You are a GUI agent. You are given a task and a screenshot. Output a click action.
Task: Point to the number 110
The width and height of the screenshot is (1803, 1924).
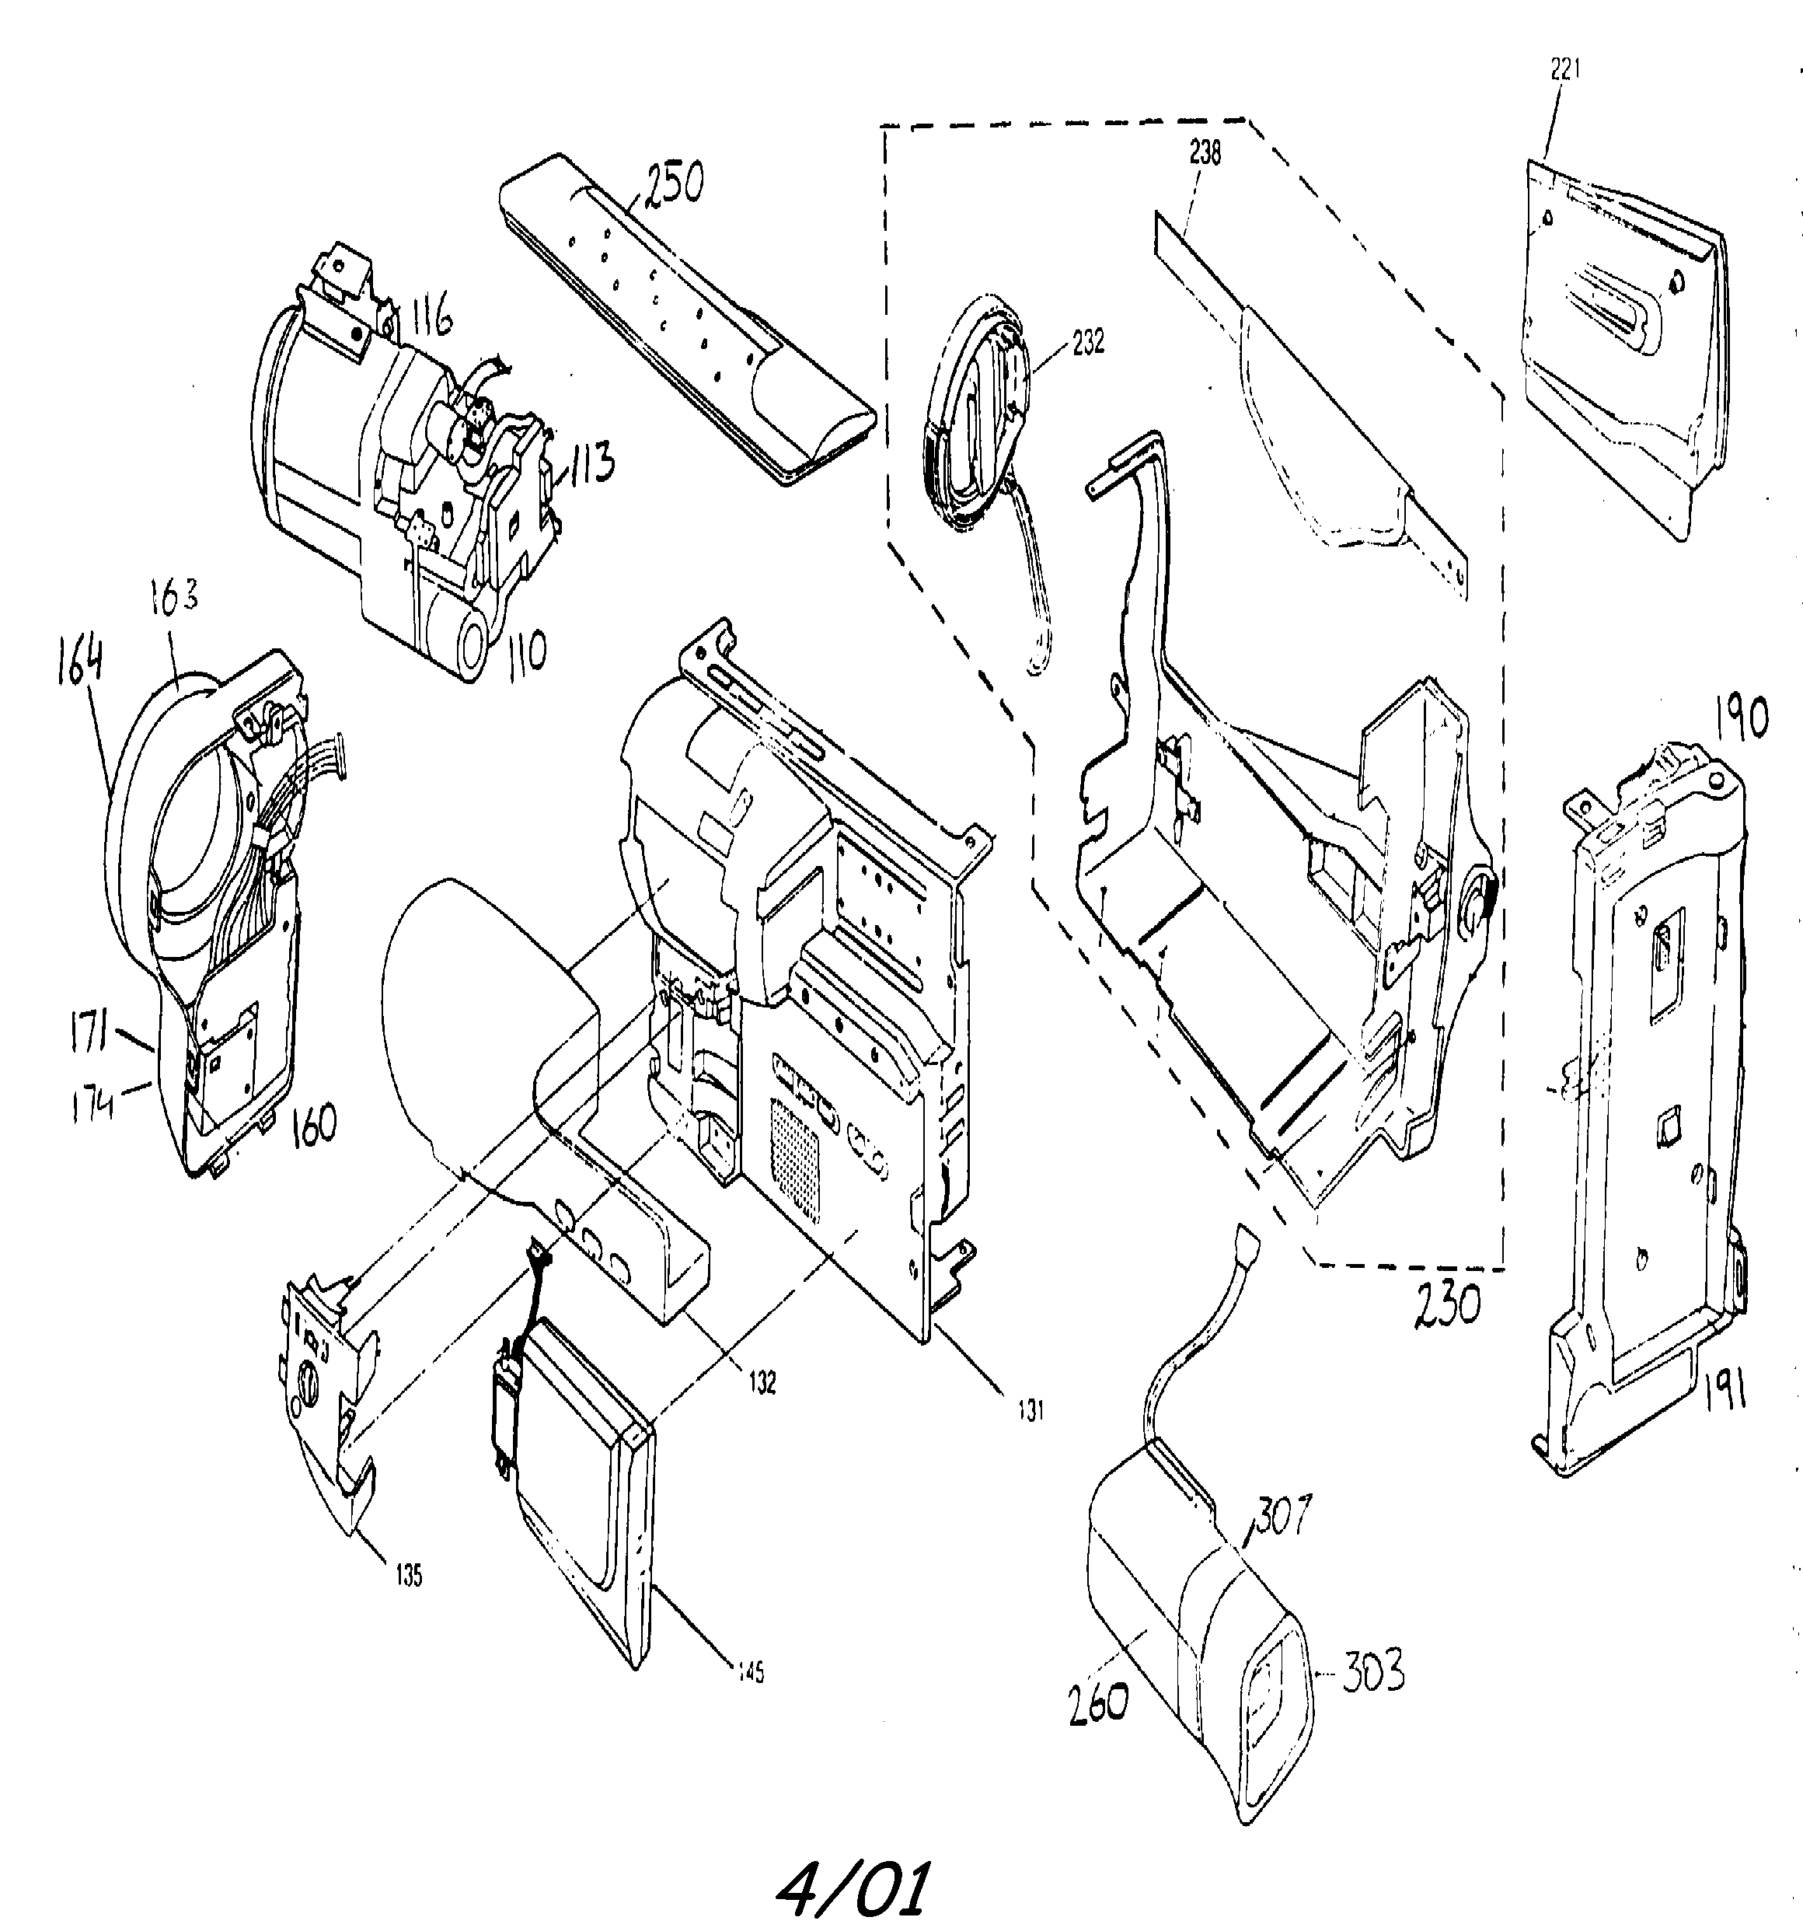525,651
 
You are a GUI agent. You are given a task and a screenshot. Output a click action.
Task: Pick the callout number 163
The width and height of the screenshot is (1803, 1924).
174,596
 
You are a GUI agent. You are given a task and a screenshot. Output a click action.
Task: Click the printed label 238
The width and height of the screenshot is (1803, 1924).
1206,152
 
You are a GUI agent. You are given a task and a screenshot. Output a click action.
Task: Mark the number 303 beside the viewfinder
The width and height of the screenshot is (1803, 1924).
1373,1672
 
